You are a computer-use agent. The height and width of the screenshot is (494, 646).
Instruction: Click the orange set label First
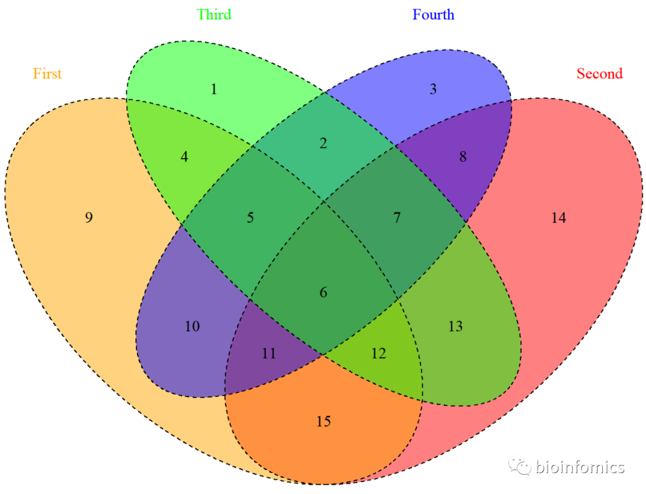click(x=47, y=74)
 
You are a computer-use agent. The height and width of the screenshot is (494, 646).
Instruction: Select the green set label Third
click(x=214, y=14)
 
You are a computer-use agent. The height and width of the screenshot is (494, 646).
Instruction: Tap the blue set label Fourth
click(x=433, y=14)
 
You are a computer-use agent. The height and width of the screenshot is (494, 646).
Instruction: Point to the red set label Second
click(x=599, y=74)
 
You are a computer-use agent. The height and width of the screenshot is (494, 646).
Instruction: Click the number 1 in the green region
click(x=214, y=90)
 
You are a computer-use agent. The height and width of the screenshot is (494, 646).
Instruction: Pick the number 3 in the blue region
click(x=433, y=90)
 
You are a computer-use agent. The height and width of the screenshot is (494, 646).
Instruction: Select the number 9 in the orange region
click(x=89, y=217)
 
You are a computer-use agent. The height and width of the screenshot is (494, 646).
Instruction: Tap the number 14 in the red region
click(x=558, y=218)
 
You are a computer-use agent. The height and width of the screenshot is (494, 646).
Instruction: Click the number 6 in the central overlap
click(x=324, y=293)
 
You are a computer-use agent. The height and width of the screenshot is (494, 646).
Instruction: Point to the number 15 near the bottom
click(x=324, y=422)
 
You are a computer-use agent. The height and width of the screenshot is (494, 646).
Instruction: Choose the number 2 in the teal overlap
click(x=324, y=144)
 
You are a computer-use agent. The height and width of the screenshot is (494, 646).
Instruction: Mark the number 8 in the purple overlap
click(x=462, y=157)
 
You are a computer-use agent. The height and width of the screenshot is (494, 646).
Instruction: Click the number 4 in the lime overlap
click(x=184, y=157)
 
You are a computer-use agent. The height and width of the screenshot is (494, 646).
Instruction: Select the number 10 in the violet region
click(x=192, y=326)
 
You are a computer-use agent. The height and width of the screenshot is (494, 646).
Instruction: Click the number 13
click(x=455, y=326)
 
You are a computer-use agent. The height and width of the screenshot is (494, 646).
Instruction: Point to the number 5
click(x=250, y=217)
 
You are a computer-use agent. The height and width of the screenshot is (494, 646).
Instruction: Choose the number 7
click(x=397, y=217)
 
